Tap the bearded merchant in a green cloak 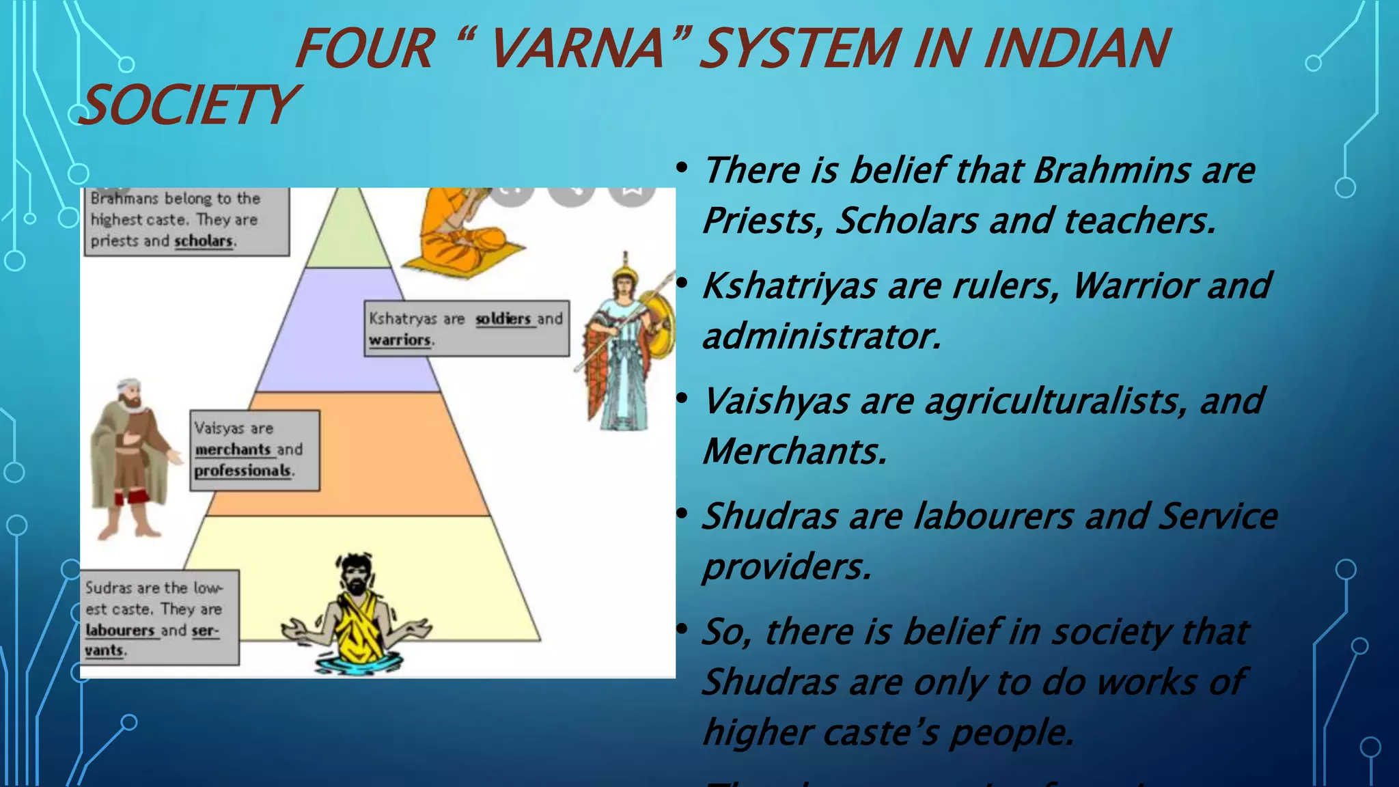(x=130, y=458)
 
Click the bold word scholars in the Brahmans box (x=204, y=241)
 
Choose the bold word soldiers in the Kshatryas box (x=503, y=319)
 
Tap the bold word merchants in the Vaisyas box (x=233, y=450)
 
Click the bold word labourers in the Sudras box (x=120, y=630)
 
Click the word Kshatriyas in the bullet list (x=790, y=286)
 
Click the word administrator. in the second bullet (x=822, y=336)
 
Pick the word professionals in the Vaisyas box (x=243, y=471)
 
